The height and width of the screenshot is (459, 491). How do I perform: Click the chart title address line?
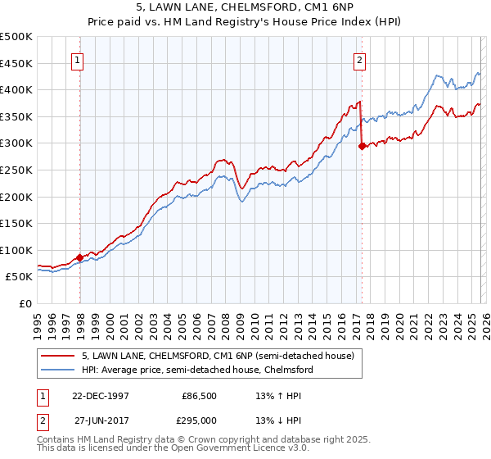point(245,7)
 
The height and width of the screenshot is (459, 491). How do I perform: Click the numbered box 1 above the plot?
point(78,59)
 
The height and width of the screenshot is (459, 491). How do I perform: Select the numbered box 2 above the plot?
point(359,59)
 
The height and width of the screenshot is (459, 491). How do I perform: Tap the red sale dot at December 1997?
point(80,257)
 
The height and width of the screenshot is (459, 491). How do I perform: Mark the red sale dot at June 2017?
point(362,147)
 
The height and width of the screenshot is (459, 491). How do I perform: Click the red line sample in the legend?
point(58,357)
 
